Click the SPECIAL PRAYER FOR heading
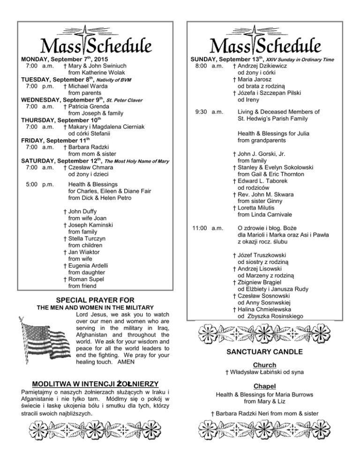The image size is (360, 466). coord(95,300)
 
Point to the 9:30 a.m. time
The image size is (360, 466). coord(209,112)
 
